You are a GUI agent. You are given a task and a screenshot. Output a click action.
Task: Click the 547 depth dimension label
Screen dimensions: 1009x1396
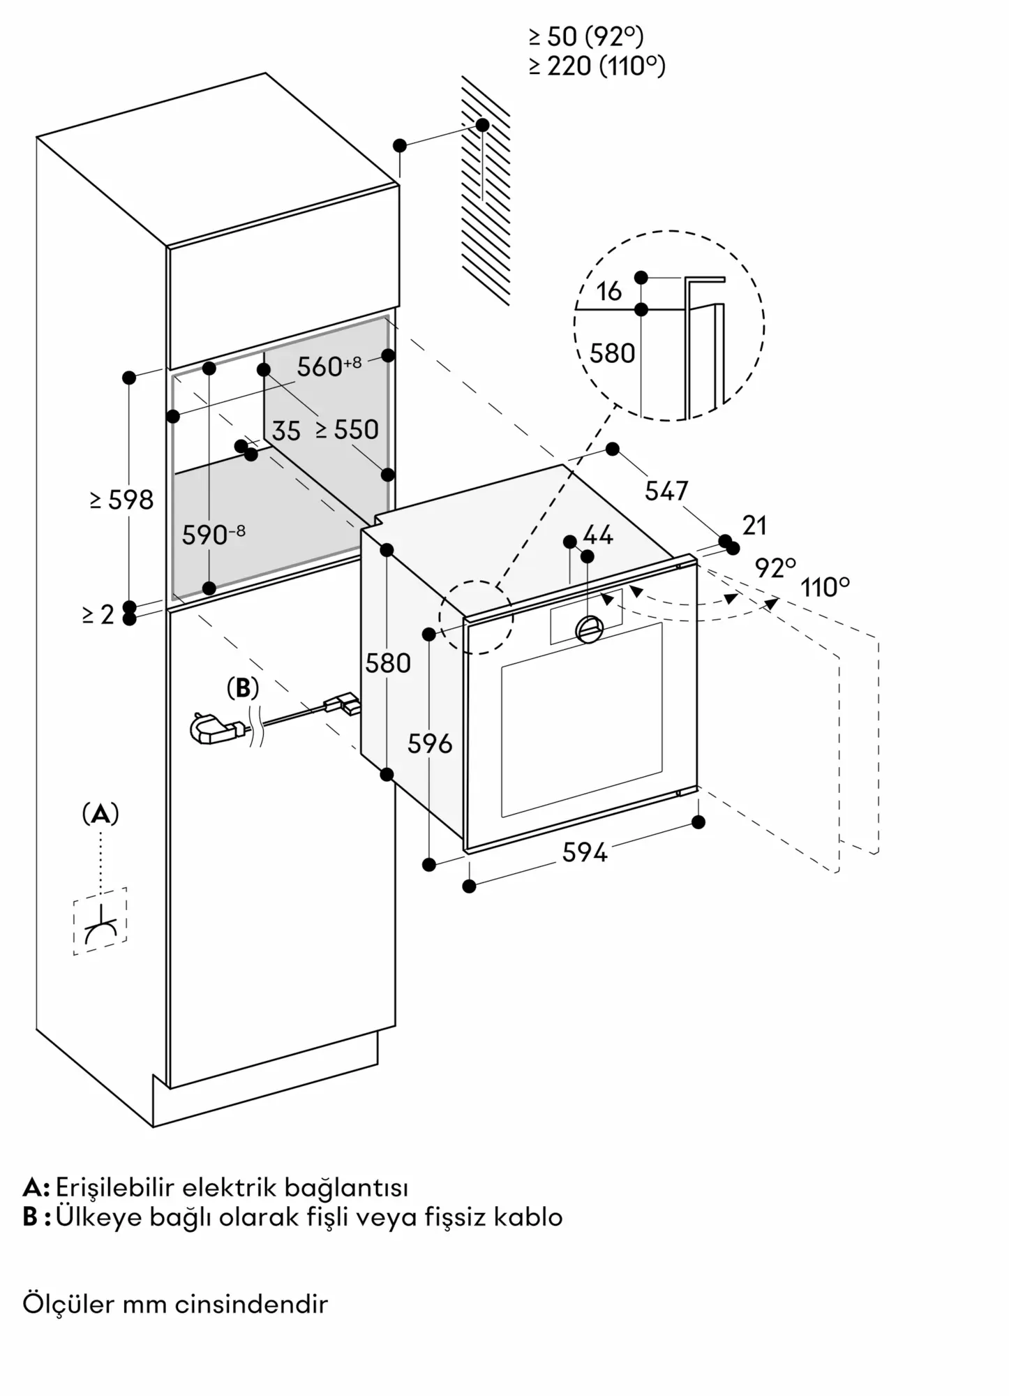(666, 491)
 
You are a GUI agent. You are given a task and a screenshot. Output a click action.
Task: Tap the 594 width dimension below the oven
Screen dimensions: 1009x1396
(585, 852)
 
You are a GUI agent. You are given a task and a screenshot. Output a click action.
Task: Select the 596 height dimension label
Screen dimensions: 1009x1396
(430, 744)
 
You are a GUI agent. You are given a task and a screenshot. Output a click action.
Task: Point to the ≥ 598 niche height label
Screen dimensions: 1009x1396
(121, 500)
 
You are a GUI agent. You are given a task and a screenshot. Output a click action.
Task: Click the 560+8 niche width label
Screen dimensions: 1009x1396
(329, 366)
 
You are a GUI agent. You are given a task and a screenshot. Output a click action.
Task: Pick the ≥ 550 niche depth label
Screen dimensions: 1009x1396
(347, 430)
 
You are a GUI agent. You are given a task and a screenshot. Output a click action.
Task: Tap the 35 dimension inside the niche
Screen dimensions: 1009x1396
(286, 431)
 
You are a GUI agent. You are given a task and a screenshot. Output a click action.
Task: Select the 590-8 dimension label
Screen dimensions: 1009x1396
(214, 535)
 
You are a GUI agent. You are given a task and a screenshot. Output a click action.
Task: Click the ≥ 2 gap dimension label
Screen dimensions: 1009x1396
(98, 615)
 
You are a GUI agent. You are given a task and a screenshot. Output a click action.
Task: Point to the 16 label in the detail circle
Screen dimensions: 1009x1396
(609, 292)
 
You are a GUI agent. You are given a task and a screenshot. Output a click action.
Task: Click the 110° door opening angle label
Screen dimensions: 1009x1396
(825, 588)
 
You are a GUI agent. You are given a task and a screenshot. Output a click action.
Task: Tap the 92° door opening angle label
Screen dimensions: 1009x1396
(775, 568)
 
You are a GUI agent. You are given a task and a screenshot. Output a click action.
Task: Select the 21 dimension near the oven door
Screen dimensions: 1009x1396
(754, 525)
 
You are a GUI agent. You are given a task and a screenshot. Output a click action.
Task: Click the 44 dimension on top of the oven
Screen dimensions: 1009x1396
(598, 535)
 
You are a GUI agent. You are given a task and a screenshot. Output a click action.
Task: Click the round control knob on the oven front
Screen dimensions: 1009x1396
(590, 629)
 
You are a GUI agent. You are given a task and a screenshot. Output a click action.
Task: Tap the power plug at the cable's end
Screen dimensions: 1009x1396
(213, 731)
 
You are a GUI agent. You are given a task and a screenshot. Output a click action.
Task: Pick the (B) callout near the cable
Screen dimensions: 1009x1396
(243, 689)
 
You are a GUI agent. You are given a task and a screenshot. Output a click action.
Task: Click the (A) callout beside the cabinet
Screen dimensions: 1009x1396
(100, 814)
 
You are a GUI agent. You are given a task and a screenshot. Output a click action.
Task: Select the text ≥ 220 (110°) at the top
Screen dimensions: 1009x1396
(597, 66)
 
